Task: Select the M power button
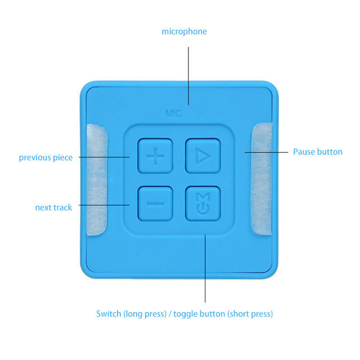click(x=202, y=203)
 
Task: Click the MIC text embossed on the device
click(x=173, y=114)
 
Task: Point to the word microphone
click(x=184, y=31)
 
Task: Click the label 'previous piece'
click(x=46, y=157)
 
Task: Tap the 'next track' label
click(x=53, y=208)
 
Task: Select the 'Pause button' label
click(x=317, y=152)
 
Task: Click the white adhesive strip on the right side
click(x=262, y=179)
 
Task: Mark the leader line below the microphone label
click(x=188, y=73)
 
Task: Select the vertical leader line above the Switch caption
click(x=205, y=270)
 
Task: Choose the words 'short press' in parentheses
click(x=250, y=314)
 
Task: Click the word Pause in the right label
click(x=303, y=152)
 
